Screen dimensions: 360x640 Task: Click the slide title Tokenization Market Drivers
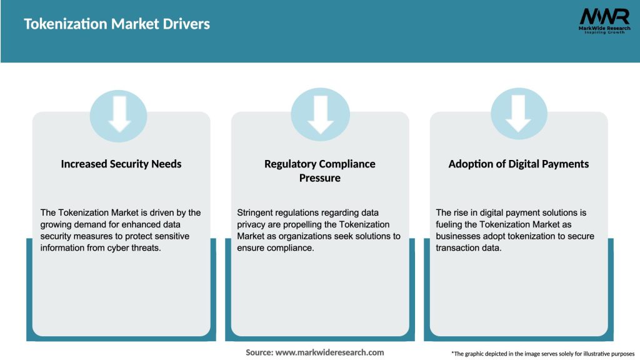[117, 24]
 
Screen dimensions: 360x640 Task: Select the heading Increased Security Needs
[121, 164]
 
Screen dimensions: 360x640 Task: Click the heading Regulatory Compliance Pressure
[320, 171]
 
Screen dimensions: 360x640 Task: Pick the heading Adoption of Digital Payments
[519, 164]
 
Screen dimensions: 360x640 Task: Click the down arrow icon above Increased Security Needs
[119, 116]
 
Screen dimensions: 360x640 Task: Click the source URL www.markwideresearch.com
[329, 352]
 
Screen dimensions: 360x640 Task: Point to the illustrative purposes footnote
[542, 354]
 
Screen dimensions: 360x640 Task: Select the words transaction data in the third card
[469, 248]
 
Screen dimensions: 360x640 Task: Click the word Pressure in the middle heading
[320, 178]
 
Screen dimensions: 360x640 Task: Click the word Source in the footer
[259, 352]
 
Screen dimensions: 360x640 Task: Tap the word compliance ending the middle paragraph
[291, 248]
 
